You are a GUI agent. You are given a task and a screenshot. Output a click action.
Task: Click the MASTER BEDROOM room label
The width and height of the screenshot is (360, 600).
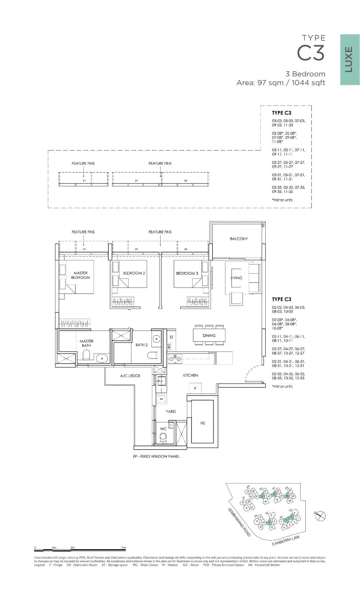coord(80,275)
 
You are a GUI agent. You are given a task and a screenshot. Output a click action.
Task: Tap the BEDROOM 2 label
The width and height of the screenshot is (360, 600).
coord(134,273)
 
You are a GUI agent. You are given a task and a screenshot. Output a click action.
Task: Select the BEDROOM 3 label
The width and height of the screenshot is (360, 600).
coord(187,273)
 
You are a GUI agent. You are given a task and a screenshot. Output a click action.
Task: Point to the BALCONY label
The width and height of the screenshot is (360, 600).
coord(239,239)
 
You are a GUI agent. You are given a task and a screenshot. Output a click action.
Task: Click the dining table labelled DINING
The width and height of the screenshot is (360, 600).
coord(209,335)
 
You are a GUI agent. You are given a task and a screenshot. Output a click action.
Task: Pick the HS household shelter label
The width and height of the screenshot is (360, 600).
coord(203,423)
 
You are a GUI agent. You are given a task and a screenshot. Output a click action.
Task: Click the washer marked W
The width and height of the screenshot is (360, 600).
coord(162,399)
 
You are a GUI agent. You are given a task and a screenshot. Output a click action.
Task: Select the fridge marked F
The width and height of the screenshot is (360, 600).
coord(195,389)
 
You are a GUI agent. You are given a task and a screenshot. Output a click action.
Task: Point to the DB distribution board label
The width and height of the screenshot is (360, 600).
coord(169,346)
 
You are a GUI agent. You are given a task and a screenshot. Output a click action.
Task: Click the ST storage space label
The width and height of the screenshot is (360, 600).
coord(171,337)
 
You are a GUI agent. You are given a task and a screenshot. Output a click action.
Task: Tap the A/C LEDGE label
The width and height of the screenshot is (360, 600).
coord(130,376)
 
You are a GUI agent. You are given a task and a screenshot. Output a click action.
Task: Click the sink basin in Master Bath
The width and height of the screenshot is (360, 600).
coord(102,358)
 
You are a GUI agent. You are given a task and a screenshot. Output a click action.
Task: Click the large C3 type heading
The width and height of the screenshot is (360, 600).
coord(311,53)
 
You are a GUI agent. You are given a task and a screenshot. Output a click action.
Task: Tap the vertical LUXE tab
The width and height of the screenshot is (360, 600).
coord(349,60)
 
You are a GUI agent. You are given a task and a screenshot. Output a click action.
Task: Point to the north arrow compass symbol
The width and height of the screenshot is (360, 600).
coord(320,516)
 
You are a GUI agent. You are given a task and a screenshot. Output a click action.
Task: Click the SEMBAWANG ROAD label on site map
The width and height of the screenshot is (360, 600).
coord(239,523)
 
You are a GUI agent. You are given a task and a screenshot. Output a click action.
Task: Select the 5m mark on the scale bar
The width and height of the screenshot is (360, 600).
coord(123,548)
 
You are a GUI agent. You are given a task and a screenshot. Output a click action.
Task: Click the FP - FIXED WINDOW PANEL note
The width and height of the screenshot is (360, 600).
coord(156,456)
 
